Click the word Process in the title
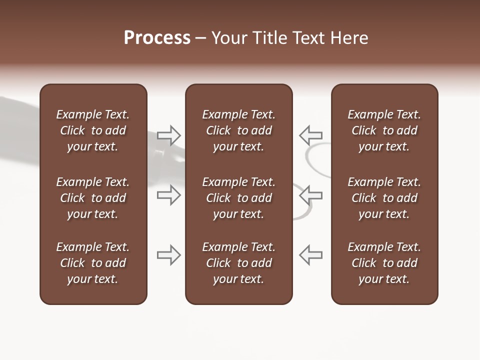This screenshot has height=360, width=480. pyautogui.click(x=157, y=38)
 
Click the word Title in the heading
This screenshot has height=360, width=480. pyautogui.click(x=268, y=38)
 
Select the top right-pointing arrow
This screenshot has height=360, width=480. pyautogui.click(x=168, y=135)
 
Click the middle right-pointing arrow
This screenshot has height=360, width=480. pyautogui.click(x=168, y=195)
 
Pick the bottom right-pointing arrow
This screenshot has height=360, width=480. pyautogui.click(x=168, y=255)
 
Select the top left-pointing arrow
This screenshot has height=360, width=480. pyautogui.click(x=310, y=135)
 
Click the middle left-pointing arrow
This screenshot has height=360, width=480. pyautogui.click(x=310, y=195)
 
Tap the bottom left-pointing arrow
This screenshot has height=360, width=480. pyautogui.click(x=310, y=255)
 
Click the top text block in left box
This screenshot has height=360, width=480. pyautogui.click(x=93, y=130)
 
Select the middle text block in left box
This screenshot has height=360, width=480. pyautogui.click(x=93, y=198)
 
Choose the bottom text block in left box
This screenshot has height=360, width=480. pyautogui.click(x=93, y=263)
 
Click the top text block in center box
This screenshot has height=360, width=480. pyautogui.click(x=238, y=130)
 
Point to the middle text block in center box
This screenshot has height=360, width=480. pyautogui.click(x=238, y=198)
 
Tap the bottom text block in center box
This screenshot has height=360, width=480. pyautogui.click(x=238, y=263)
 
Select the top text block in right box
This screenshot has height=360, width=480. pyautogui.click(x=384, y=130)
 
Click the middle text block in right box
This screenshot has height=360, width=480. pyautogui.click(x=384, y=198)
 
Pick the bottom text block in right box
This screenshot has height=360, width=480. pyautogui.click(x=384, y=263)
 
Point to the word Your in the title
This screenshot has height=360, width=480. pyautogui.click(x=229, y=38)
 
